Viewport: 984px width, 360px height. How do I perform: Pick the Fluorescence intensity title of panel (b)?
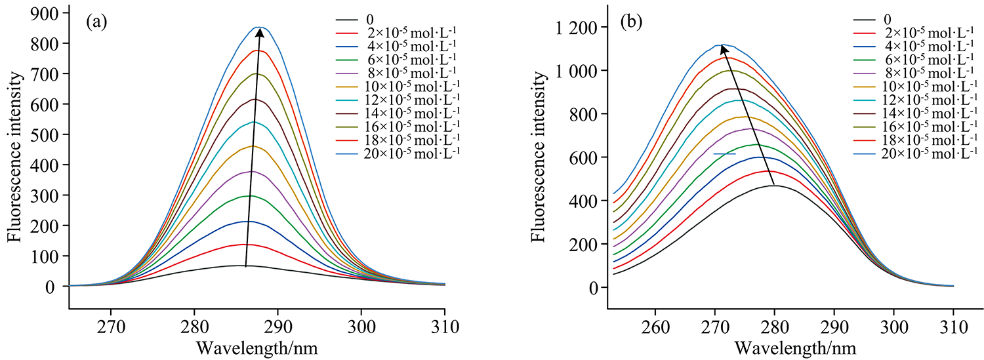(x=539, y=157)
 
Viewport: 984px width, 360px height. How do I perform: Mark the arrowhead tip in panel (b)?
(x=722, y=45)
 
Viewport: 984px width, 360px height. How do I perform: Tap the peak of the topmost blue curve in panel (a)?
(x=260, y=27)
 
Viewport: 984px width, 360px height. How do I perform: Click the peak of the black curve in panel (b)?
(x=775, y=186)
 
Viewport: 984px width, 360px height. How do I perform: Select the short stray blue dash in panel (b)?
(x=724, y=153)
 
